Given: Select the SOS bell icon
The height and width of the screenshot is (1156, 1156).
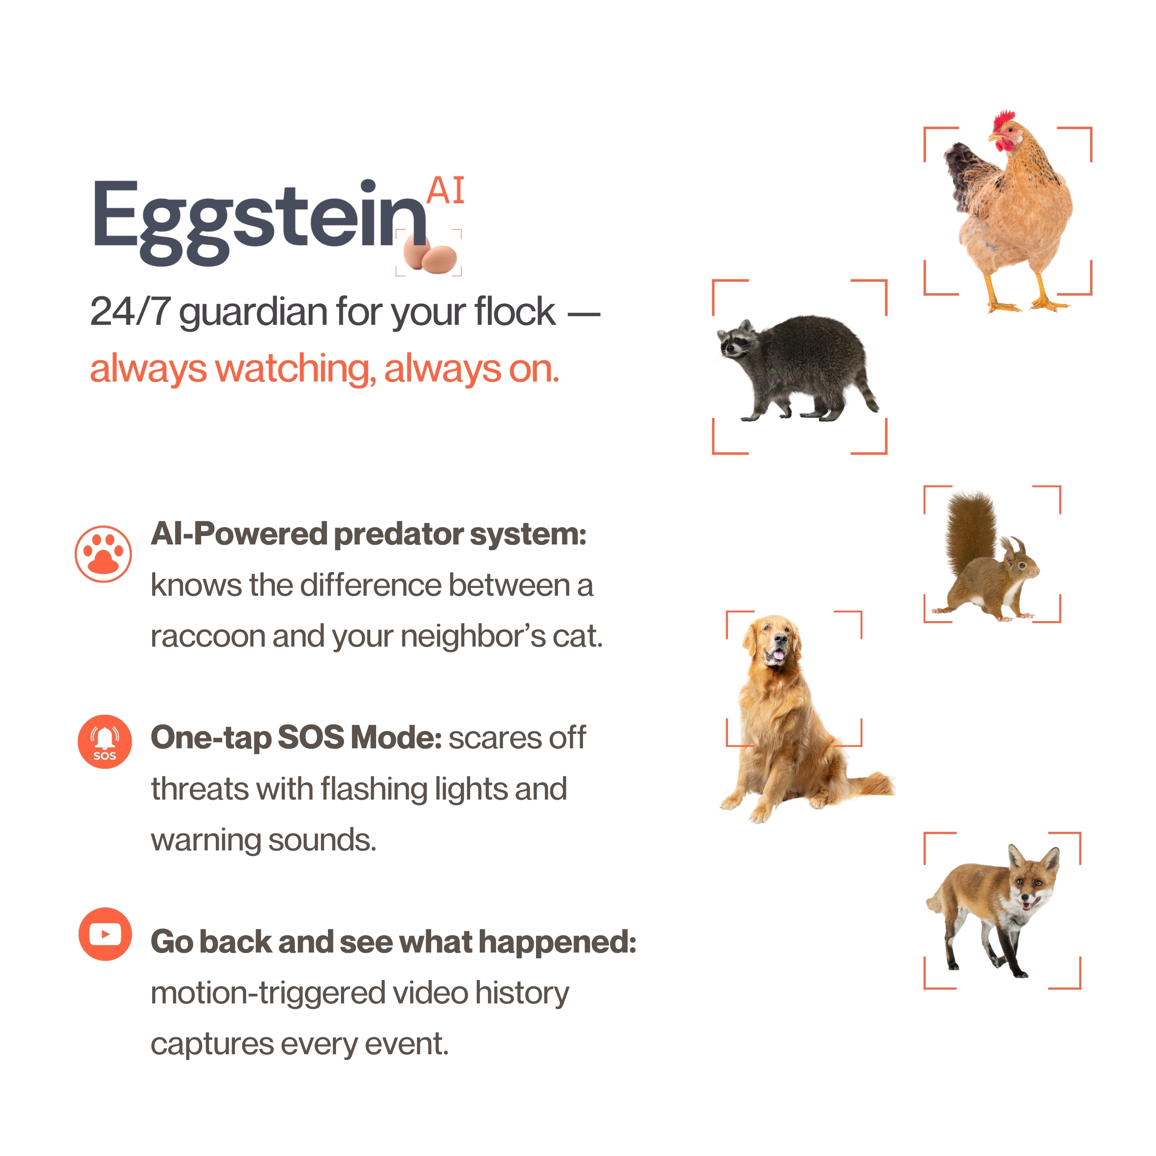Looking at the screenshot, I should coord(105,741).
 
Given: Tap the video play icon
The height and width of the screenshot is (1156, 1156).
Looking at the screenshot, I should coord(105,934).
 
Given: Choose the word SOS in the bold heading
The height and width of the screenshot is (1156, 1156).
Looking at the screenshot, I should coord(311,738).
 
